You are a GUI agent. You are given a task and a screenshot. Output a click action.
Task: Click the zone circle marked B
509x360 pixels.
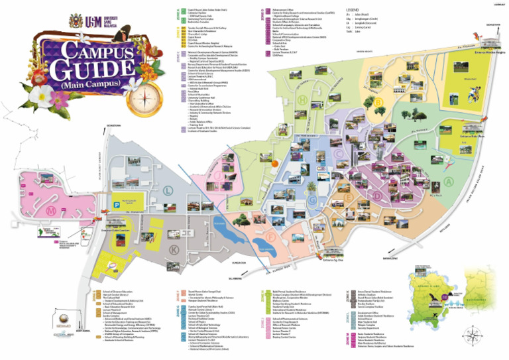tap(378, 103)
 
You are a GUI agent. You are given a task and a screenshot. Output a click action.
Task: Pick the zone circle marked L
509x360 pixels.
tap(167, 190)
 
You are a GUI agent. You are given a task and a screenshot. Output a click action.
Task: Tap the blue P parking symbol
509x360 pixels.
tap(117, 206)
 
